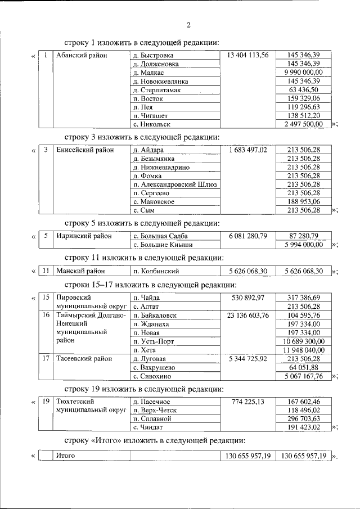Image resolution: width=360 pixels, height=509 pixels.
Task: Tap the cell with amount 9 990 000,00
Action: (x=304, y=73)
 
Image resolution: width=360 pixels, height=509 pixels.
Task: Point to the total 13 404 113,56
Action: (x=248, y=56)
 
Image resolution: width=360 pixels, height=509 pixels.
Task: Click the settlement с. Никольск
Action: (x=151, y=124)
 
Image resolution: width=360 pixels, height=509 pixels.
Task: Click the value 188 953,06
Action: (x=304, y=201)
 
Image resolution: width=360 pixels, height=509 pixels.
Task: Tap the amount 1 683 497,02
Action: (x=248, y=150)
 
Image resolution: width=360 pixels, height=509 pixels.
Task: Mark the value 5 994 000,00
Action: (x=304, y=245)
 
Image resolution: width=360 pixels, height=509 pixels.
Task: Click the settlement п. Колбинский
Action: (x=156, y=271)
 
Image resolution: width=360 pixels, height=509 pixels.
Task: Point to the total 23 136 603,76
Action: (x=248, y=316)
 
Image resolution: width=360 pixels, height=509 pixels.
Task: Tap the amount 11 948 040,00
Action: (x=304, y=350)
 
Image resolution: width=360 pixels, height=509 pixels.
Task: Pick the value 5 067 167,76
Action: (x=304, y=376)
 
